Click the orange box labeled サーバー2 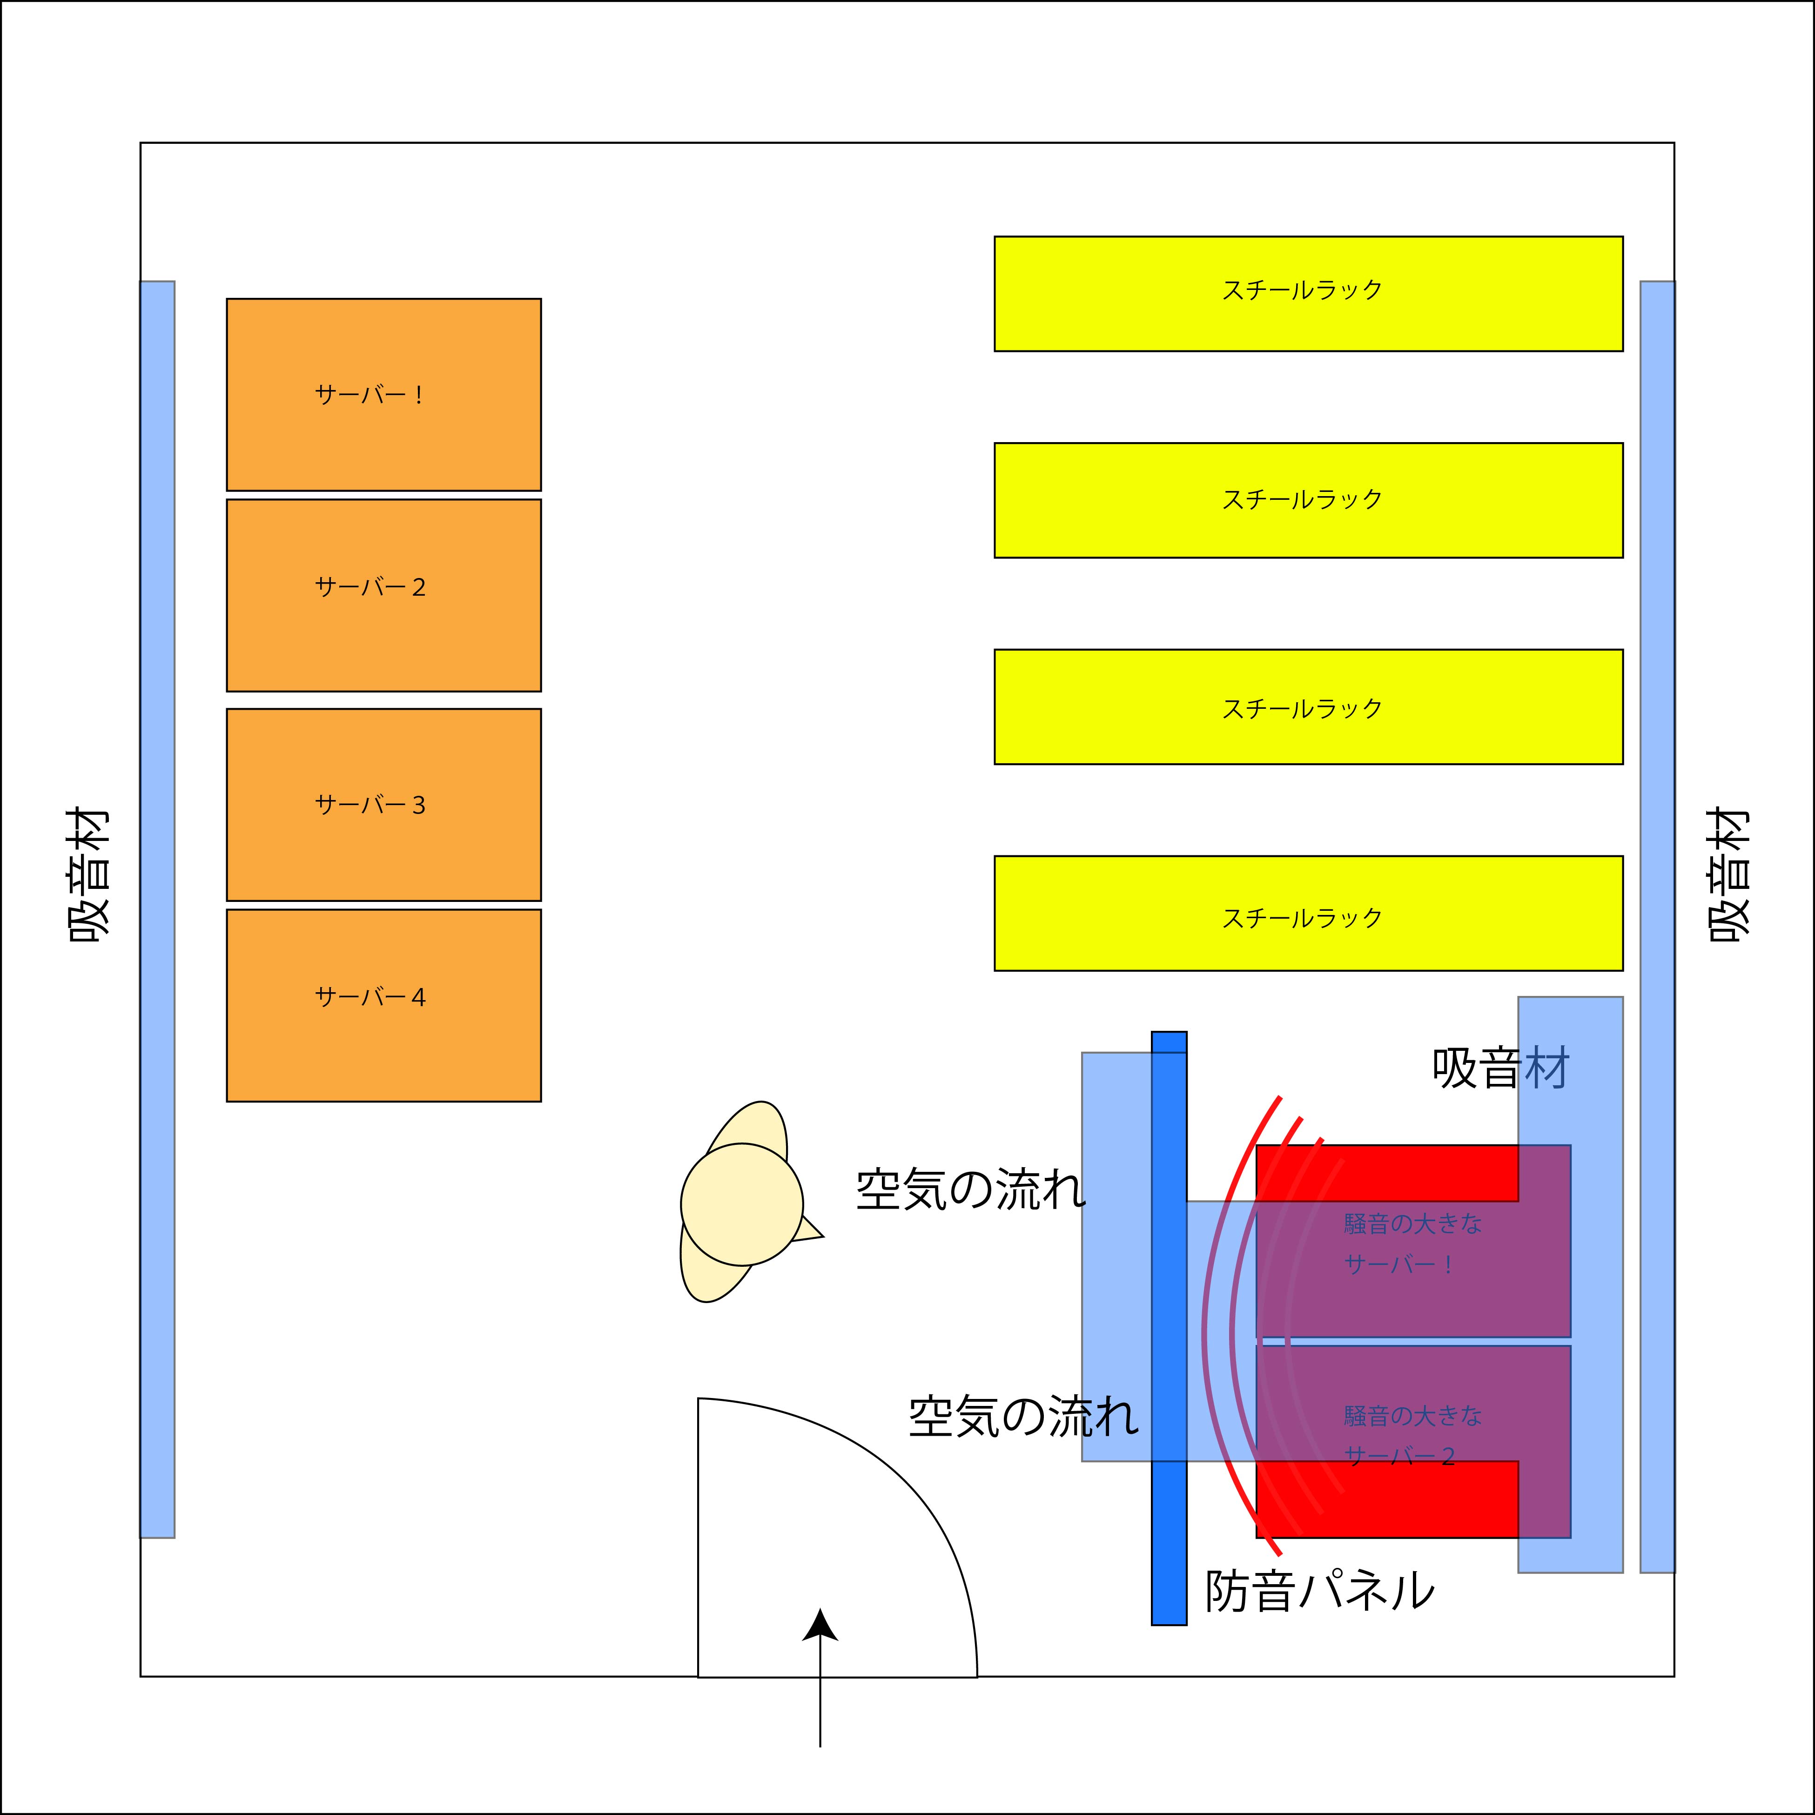[383, 596]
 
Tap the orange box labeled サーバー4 [383, 1005]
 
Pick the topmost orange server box [383, 395]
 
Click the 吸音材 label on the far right [1728, 875]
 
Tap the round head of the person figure [741, 1204]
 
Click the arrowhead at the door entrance [820, 1625]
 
